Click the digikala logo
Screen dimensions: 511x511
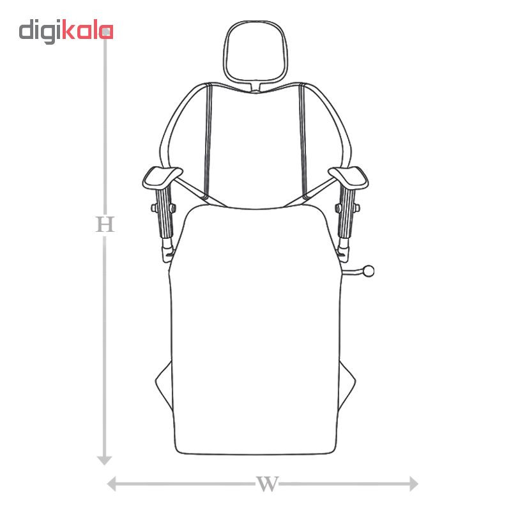(66, 31)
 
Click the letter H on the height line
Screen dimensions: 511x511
(105, 224)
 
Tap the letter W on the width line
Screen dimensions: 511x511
(267, 484)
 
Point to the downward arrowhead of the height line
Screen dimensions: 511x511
(105, 460)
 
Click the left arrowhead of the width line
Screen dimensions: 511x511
(112, 484)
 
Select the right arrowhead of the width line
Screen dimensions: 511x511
(413, 484)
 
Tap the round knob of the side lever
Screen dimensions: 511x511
(369, 271)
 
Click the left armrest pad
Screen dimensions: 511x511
(162, 178)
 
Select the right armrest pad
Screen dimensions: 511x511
(349, 178)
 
